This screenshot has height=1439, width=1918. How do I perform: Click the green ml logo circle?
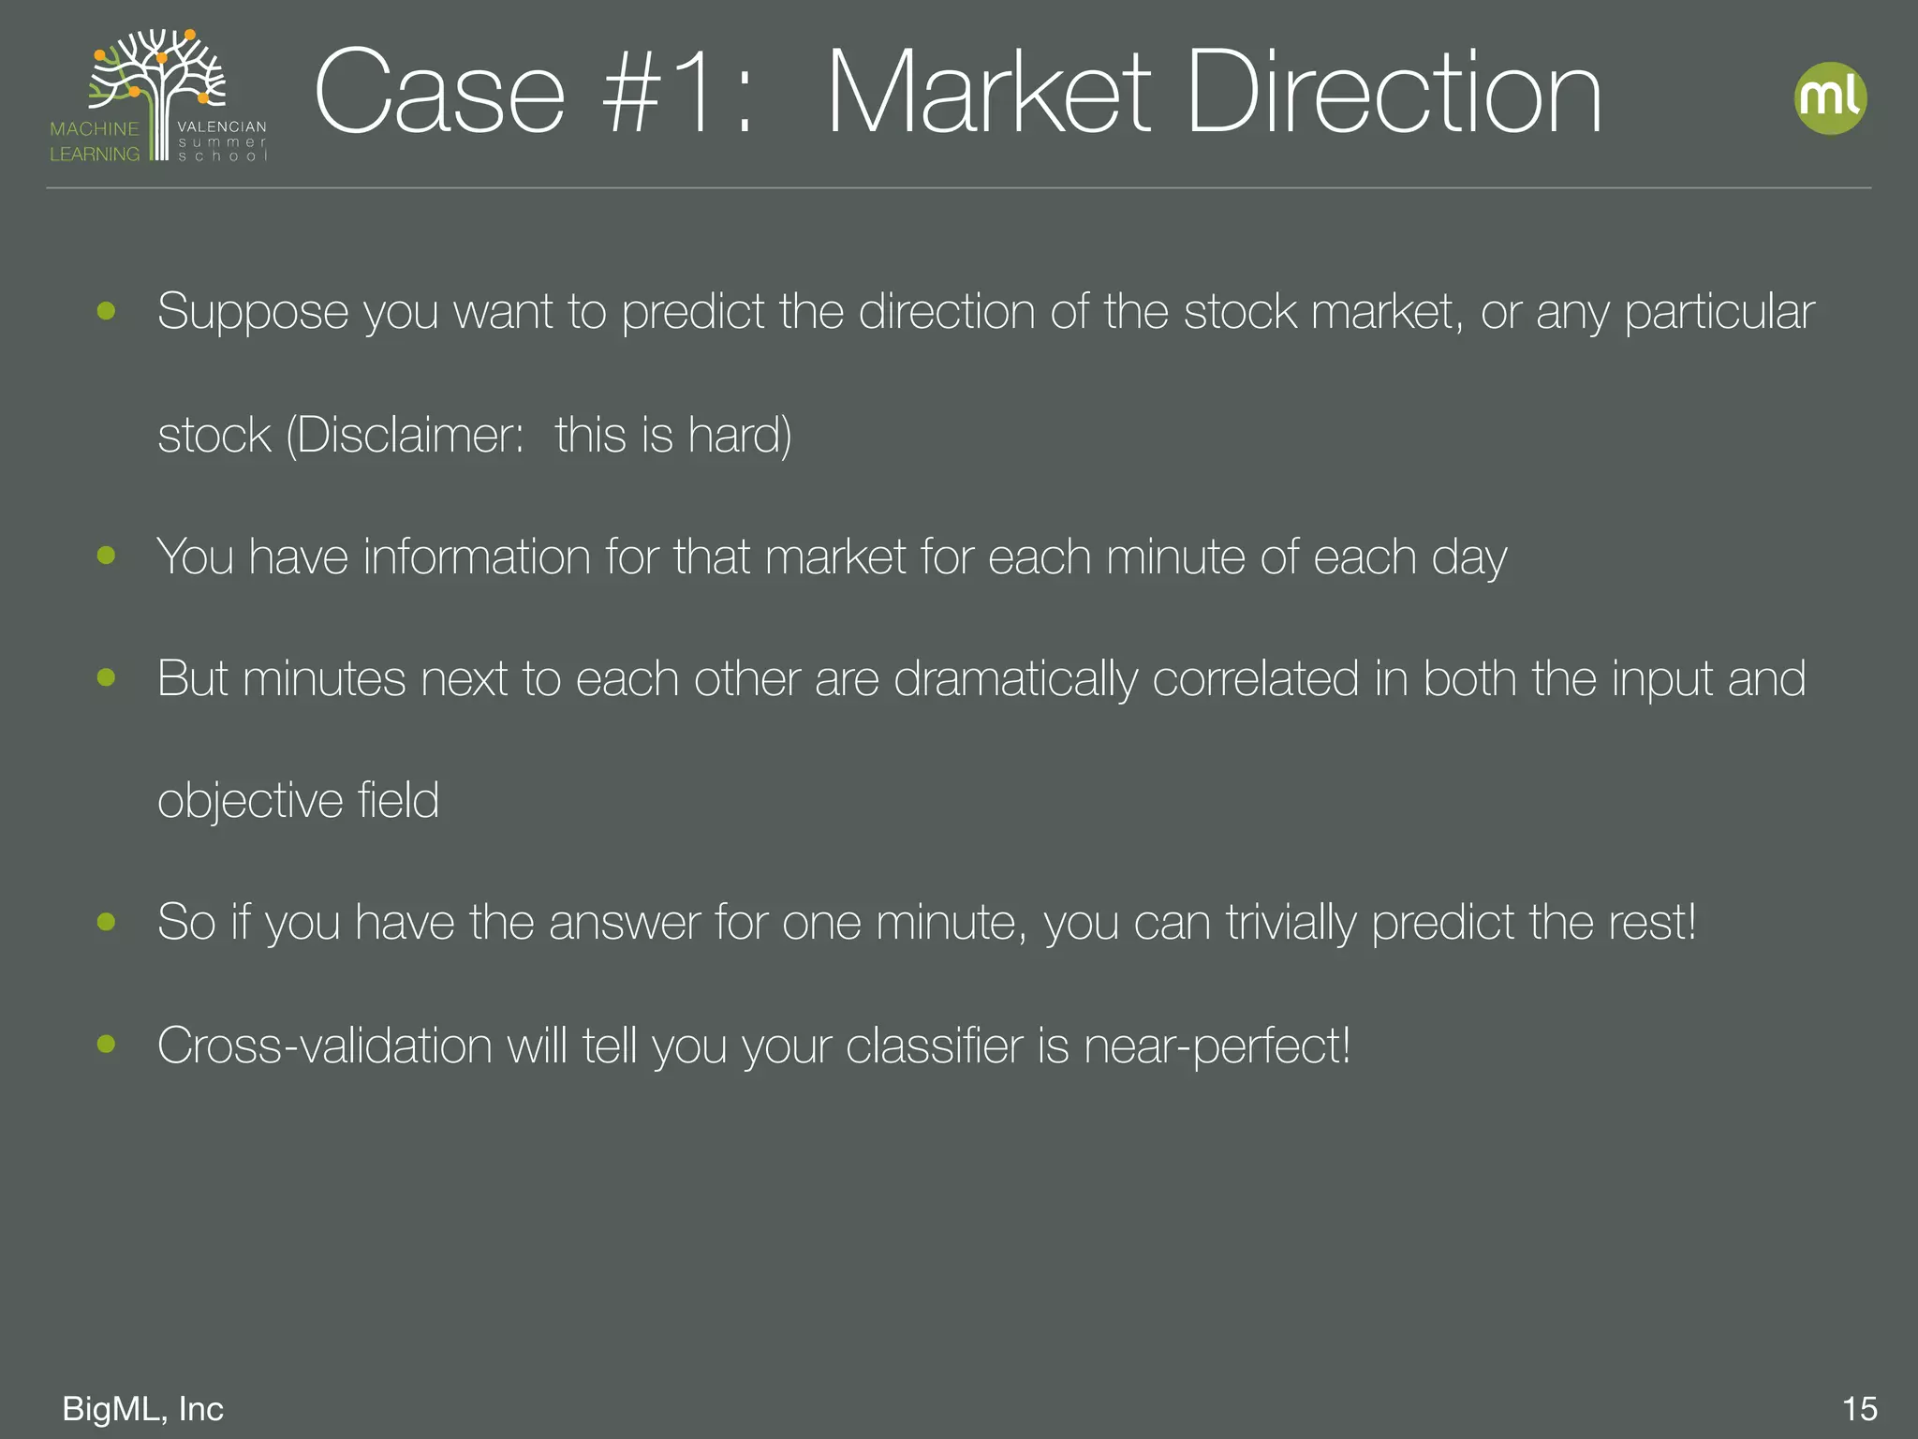[1830, 98]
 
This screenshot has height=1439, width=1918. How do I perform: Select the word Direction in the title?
[1394, 94]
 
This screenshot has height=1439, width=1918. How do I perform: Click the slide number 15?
[1859, 1408]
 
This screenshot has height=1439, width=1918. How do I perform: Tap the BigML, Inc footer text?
[142, 1408]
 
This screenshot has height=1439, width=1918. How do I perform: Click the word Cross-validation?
[324, 1046]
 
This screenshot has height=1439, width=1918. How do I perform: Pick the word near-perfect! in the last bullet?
[1217, 1046]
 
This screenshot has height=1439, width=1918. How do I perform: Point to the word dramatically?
[1015, 678]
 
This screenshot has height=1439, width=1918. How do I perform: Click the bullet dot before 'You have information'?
[106, 556]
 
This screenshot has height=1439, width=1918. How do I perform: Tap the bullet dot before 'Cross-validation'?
[106, 1044]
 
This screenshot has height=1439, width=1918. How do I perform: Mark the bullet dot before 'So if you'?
[106, 922]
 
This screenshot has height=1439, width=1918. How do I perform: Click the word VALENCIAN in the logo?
[222, 126]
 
